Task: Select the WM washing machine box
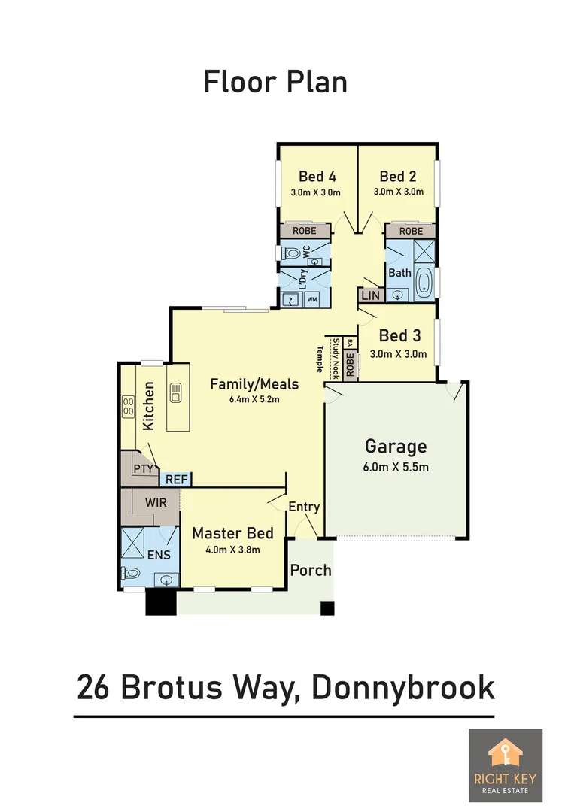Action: coord(312,300)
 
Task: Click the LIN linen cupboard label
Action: coord(370,296)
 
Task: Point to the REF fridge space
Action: coord(177,479)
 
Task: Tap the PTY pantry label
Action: coord(143,469)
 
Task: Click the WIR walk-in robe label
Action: coord(156,501)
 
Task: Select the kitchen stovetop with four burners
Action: coord(129,407)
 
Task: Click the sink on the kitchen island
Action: coord(177,392)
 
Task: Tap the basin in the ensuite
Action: coord(165,579)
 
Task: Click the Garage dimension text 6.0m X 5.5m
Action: coord(395,467)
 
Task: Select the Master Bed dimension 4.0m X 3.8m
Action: coord(232,550)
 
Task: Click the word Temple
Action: coord(319,359)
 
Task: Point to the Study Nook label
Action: coord(336,357)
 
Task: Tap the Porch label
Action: coord(311,570)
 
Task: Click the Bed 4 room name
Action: coord(317,177)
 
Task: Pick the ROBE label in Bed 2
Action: coord(411,231)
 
